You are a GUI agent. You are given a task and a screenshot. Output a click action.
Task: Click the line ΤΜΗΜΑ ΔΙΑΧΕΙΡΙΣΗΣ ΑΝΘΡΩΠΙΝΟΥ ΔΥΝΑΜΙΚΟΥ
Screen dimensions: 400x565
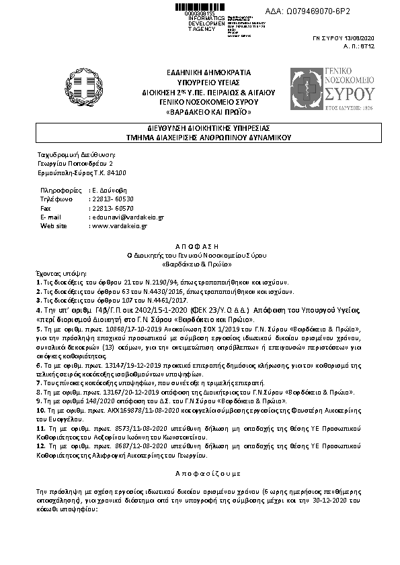coord(200,136)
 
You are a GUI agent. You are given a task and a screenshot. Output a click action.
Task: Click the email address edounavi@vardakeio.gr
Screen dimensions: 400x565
coord(128,217)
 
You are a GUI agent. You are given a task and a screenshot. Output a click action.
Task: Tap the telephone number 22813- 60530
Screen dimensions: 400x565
coord(112,199)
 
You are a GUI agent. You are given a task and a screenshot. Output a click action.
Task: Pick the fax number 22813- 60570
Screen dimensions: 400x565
coord(112,209)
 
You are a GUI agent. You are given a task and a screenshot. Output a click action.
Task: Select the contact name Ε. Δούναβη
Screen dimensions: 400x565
coord(109,191)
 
